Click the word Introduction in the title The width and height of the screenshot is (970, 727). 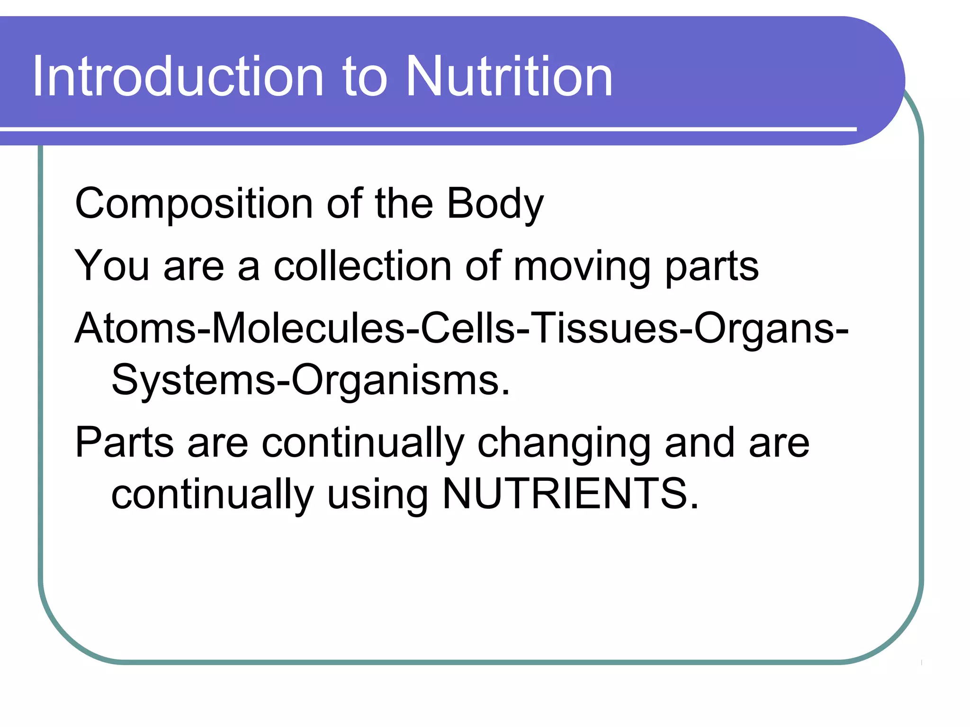click(x=178, y=77)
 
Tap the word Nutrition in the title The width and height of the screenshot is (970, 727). click(x=509, y=77)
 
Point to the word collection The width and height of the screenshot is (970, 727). click(x=362, y=266)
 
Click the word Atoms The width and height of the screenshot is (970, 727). click(x=135, y=328)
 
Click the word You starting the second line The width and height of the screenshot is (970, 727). click(x=112, y=266)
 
